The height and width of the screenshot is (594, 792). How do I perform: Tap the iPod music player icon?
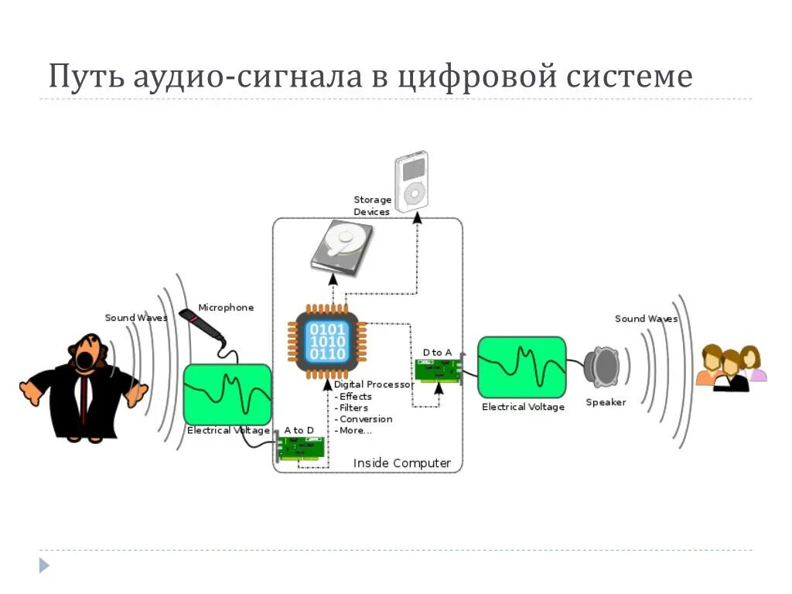point(411,183)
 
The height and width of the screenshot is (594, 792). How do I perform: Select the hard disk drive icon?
point(341,247)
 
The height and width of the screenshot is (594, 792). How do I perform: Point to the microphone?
point(200,326)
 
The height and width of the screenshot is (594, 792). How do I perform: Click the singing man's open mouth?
point(84,359)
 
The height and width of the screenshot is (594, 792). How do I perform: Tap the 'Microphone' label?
point(226,307)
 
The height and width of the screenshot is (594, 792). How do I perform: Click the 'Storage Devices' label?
point(372,206)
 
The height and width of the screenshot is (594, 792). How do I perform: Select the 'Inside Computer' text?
point(402,463)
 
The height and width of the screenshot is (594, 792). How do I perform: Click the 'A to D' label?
point(299,430)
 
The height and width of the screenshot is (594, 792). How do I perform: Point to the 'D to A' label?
point(437,353)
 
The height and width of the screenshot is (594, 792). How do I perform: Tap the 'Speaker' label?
point(606,402)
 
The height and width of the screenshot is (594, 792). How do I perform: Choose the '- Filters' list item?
point(353,408)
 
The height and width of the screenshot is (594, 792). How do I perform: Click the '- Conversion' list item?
point(364,419)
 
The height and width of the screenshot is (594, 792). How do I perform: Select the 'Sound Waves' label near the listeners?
point(646,319)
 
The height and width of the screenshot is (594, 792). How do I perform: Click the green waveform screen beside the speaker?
point(521,367)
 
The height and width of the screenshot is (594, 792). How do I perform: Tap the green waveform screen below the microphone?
point(227,394)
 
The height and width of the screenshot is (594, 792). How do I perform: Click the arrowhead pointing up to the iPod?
point(418,219)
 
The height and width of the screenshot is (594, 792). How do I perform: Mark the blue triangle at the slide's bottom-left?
point(44,565)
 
